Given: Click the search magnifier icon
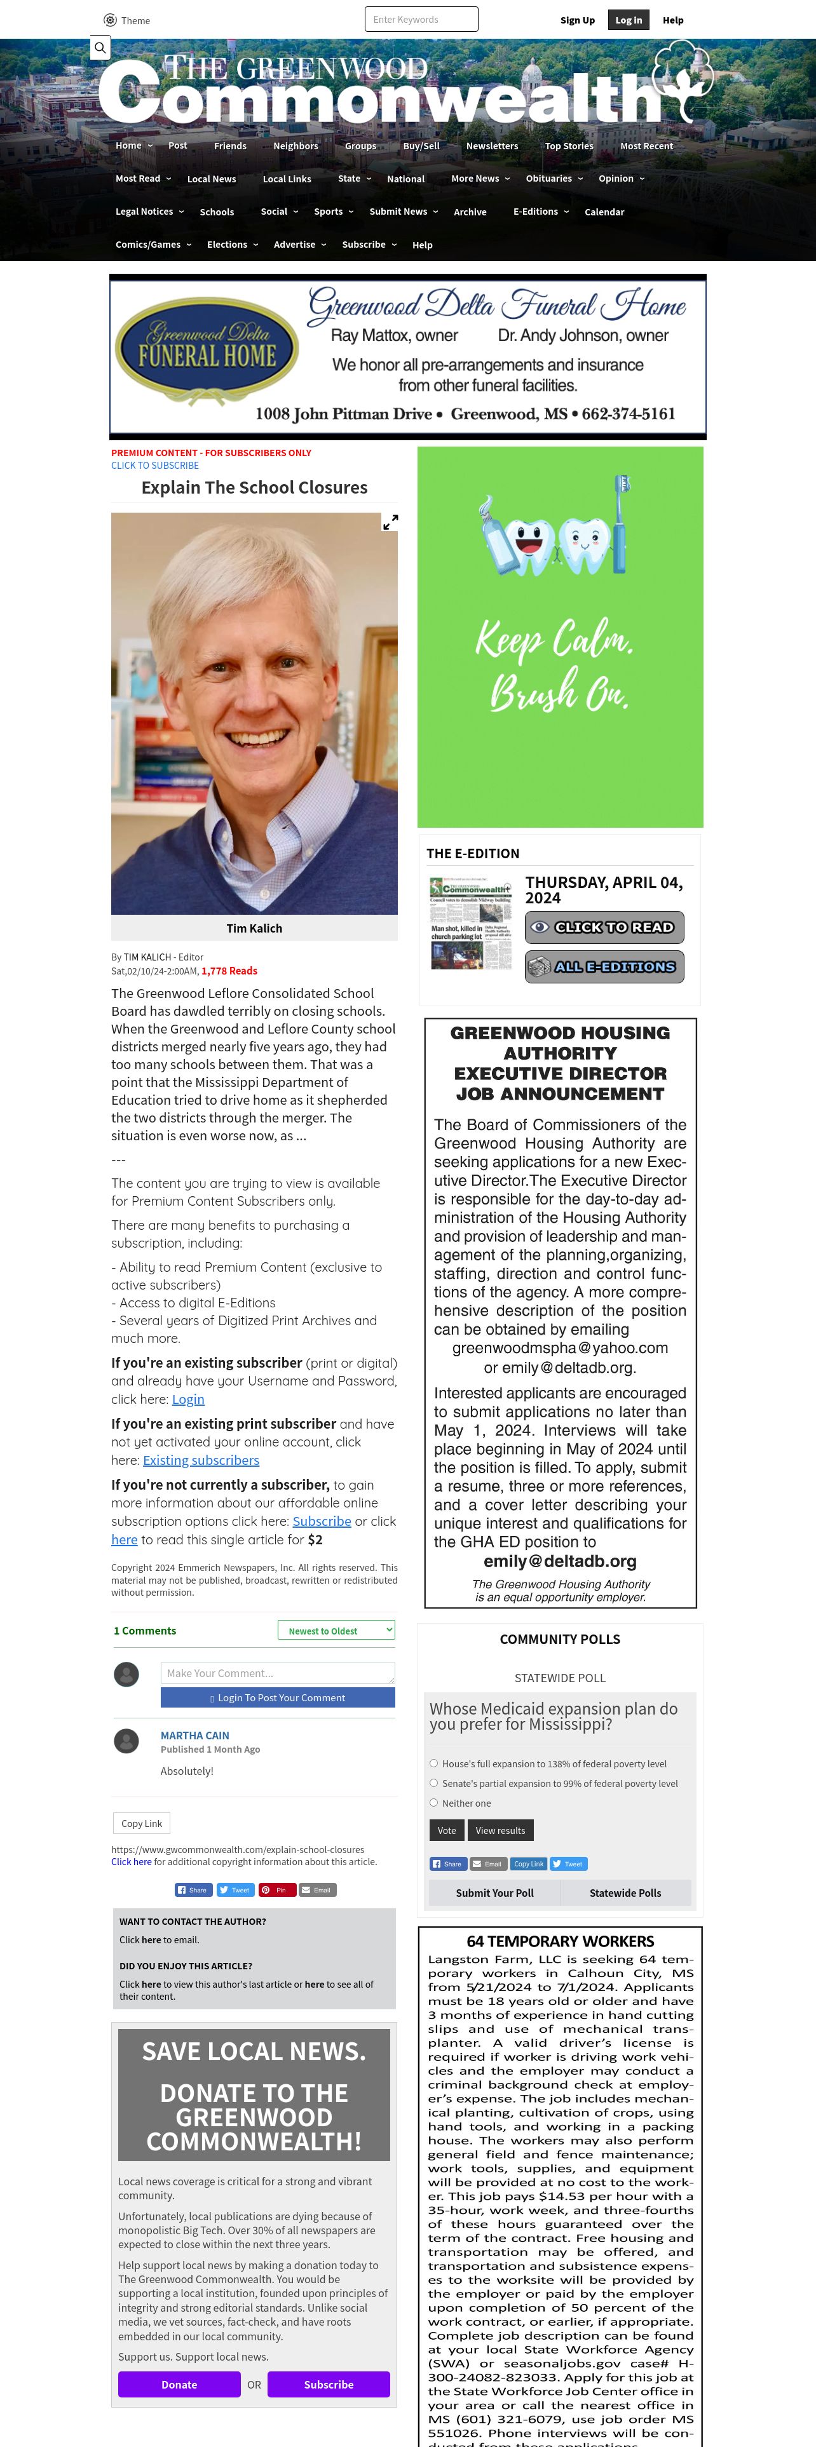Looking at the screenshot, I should tap(100, 48).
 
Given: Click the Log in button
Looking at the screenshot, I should tap(628, 20).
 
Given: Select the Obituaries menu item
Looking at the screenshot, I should tap(549, 179).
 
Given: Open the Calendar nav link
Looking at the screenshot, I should tap(604, 212).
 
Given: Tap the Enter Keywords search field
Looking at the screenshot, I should tap(421, 19).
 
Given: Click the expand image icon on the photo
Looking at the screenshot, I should tap(390, 522).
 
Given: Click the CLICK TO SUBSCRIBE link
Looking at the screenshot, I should tap(155, 466).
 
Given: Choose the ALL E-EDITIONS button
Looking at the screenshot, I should tap(604, 966).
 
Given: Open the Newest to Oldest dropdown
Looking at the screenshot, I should tap(336, 1630).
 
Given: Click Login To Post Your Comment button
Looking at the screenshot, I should tap(277, 1697).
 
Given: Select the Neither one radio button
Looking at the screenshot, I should tap(434, 1802).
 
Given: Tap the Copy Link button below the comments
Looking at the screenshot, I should tap(142, 1823).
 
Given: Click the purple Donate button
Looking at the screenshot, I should tap(179, 2383).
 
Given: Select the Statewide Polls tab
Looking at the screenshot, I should tap(625, 1892).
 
